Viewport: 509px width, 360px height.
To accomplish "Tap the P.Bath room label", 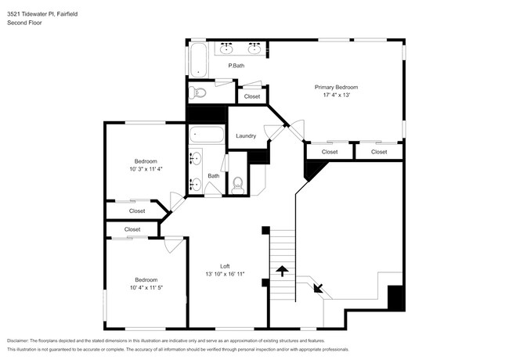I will pyautogui.click(x=236, y=66).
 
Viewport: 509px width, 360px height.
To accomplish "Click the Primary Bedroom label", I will pyautogui.click(x=336, y=87).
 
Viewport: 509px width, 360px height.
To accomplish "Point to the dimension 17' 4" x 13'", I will pyautogui.click(x=336, y=95).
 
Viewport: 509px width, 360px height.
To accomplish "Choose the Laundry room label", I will pyautogui.click(x=246, y=136).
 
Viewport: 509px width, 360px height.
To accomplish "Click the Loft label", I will pyautogui.click(x=224, y=265).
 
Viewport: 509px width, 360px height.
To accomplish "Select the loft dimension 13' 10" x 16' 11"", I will pyautogui.click(x=225, y=274).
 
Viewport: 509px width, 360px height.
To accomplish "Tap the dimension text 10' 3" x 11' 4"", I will pyautogui.click(x=145, y=169).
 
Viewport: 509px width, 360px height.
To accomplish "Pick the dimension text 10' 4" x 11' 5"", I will pyautogui.click(x=146, y=287).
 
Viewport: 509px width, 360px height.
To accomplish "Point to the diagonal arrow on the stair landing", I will pyautogui.click(x=318, y=287).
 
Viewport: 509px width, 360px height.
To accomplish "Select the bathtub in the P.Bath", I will pyautogui.click(x=199, y=60).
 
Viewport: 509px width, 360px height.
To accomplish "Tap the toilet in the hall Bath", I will pyautogui.click(x=238, y=185).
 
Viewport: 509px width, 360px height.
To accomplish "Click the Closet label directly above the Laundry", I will pyautogui.click(x=251, y=96).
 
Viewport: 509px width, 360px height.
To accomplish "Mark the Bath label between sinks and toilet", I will pyautogui.click(x=213, y=176).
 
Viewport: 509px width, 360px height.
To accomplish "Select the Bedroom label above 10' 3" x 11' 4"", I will pyautogui.click(x=145, y=161).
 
